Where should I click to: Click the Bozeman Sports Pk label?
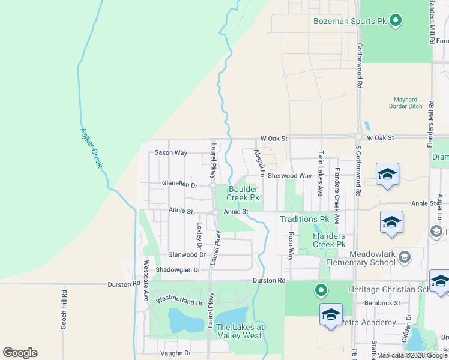[x=350, y=21]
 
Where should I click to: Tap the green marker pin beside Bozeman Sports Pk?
[x=396, y=21]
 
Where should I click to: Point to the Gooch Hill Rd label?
[x=64, y=310]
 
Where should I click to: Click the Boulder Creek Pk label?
[x=243, y=193]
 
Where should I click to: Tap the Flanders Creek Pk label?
[x=330, y=240]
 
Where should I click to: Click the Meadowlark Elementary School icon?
[x=405, y=257]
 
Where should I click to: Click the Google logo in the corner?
[x=20, y=353]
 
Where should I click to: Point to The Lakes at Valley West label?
[x=240, y=331]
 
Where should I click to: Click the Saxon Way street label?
[x=171, y=152]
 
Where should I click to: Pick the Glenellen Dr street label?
[x=179, y=184]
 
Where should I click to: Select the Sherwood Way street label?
[x=289, y=176]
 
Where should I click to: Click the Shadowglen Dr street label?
[x=178, y=270]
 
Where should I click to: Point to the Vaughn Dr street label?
[x=175, y=353]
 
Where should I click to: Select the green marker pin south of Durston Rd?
[x=321, y=291]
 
